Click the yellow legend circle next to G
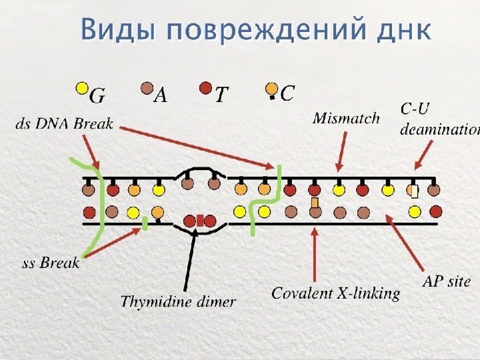(x=81, y=87)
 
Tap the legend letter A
(x=161, y=97)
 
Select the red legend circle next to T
(x=206, y=87)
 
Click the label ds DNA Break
(x=64, y=124)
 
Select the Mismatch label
(x=346, y=119)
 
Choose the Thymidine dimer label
(x=178, y=301)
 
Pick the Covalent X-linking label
(x=335, y=293)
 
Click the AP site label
(x=447, y=281)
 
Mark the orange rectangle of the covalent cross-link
(x=315, y=202)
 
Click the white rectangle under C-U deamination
(x=414, y=193)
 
